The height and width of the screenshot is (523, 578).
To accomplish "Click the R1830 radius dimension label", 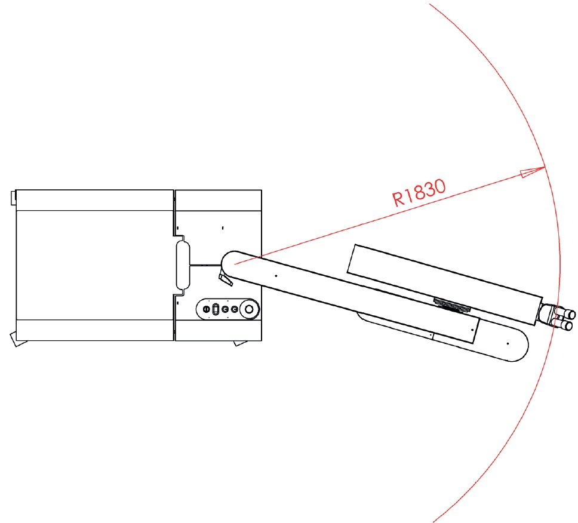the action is pos(419,192).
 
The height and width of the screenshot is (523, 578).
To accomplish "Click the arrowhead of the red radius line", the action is pos(532,172).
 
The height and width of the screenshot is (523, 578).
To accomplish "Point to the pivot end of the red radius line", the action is pos(235,264).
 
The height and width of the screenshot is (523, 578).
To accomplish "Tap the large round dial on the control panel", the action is pos(249,309).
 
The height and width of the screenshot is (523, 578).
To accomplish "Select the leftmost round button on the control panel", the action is pos(207,309).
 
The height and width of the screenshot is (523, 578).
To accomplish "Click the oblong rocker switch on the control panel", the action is pos(216,309).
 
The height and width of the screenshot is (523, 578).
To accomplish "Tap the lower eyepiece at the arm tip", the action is pos(565,325).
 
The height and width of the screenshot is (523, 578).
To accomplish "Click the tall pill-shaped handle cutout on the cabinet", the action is pos(183,265).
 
